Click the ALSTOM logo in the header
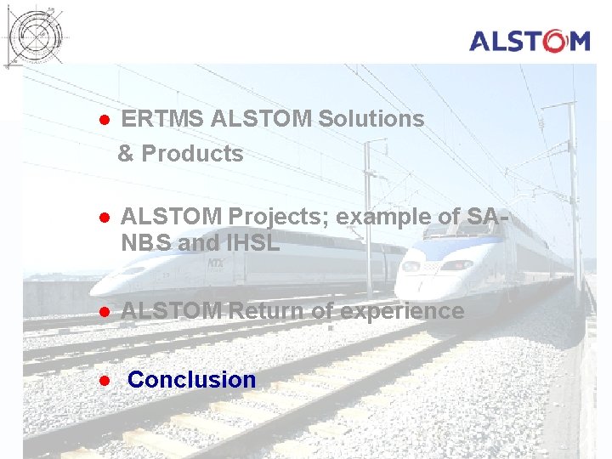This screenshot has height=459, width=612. (x=529, y=41)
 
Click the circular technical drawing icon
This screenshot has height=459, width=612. (x=37, y=34)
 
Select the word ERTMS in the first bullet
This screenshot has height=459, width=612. (x=162, y=119)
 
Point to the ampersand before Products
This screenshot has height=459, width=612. (x=126, y=154)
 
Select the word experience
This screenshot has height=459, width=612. (x=402, y=311)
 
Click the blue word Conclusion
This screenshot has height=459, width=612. (x=191, y=380)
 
